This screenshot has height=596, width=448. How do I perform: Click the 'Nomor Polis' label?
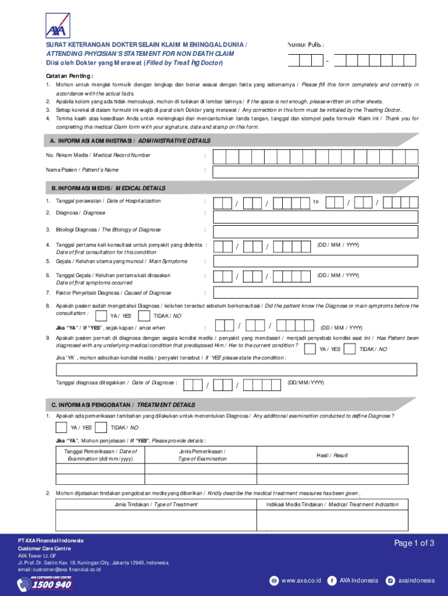(305, 45)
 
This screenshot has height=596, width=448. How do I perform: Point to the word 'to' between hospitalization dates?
(316, 201)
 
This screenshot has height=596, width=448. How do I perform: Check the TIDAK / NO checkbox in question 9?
(350, 349)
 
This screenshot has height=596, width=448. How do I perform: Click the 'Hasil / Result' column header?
(332, 455)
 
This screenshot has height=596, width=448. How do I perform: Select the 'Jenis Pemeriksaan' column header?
(202, 455)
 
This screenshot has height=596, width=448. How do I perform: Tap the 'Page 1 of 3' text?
(414, 544)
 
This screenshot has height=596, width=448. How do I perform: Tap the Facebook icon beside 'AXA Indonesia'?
(332, 580)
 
